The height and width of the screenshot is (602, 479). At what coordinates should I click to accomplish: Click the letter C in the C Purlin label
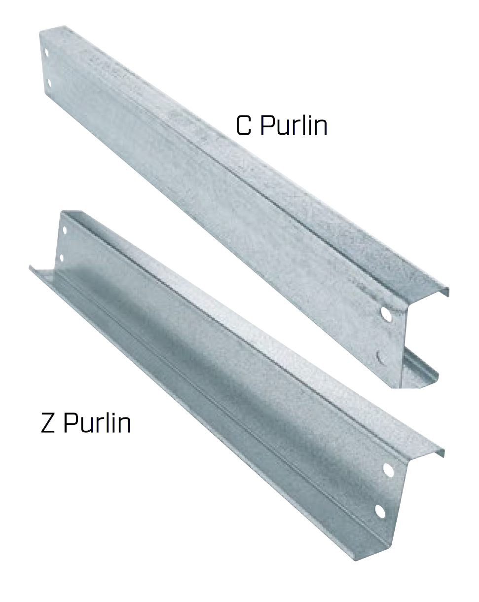pos(243,126)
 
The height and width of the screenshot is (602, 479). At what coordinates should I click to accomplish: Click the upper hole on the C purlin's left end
pos(46,53)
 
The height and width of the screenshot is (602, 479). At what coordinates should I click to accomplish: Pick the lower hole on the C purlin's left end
pos(49,83)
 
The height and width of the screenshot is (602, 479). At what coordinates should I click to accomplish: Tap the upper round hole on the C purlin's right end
pos(386,315)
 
